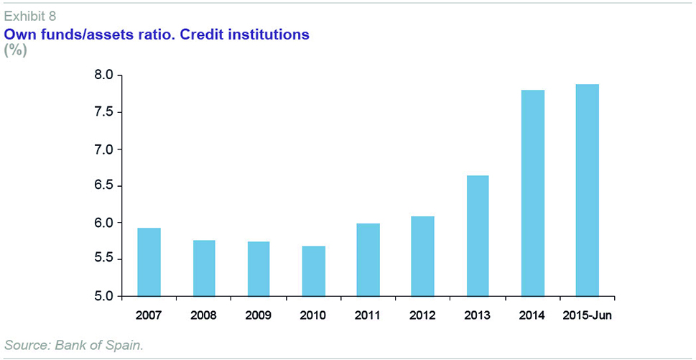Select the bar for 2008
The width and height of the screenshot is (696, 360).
coord(204,268)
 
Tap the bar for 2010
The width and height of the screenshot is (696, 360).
coord(314,271)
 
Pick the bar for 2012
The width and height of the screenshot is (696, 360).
coord(423,257)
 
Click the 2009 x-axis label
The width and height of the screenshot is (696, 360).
coord(259,315)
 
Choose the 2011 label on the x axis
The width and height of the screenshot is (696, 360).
coord(368,315)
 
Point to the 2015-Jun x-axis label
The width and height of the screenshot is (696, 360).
coord(588,315)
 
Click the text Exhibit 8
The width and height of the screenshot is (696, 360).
coord(30,15)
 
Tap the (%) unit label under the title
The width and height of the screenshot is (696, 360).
coord(15,50)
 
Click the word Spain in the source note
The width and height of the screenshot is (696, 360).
coord(126,346)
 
